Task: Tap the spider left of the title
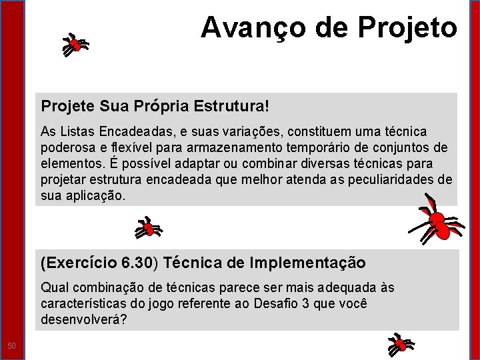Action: click(75, 45)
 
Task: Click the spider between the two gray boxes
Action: click(147, 227)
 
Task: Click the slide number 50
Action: click(11, 345)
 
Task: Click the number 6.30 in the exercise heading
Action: click(139, 263)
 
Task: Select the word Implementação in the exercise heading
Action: click(307, 263)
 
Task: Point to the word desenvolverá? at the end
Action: click(83, 320)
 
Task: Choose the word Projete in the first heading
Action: click(67, 106)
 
